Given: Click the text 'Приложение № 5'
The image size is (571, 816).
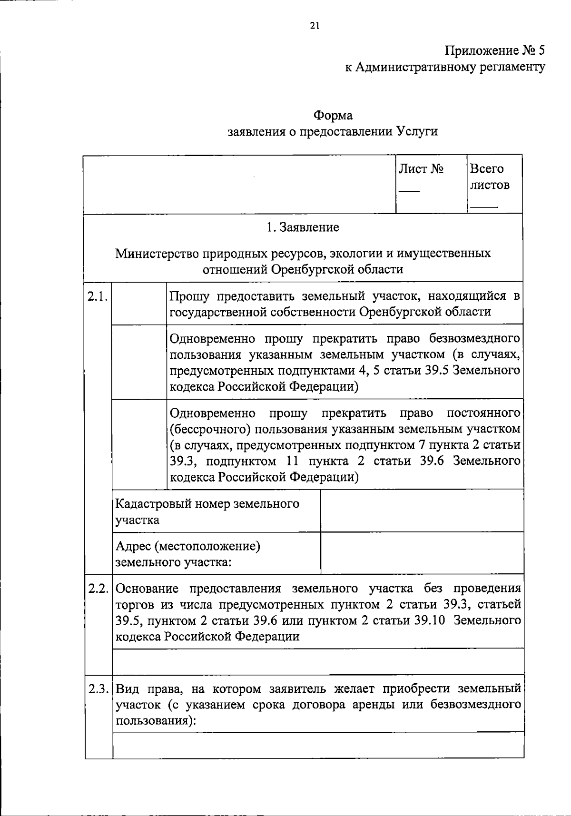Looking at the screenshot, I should (494, 50).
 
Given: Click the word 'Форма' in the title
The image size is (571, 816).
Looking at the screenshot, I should (333, 116).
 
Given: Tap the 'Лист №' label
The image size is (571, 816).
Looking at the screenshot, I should (421, 169).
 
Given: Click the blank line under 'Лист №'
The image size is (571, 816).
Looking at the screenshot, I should (409, 191).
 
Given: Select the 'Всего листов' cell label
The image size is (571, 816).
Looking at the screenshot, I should (490, 177).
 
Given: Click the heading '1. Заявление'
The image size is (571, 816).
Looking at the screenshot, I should (303, 227).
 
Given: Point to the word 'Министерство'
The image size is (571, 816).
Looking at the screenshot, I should (157, 253).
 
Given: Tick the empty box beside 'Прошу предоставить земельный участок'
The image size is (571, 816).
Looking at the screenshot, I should (139, 304).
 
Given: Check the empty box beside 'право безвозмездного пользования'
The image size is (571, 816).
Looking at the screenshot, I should (139, 362).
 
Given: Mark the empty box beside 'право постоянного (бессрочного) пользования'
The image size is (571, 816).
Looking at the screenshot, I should (139, 444).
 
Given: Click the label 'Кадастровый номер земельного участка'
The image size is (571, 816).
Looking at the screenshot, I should (207, 511).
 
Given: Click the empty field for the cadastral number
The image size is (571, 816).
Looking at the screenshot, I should (422, 511).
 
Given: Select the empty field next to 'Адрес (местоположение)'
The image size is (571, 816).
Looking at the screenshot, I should (422, 553).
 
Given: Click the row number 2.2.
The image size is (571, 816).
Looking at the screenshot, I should (98, 589).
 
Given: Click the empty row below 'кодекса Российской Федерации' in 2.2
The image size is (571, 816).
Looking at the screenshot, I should (318, 661).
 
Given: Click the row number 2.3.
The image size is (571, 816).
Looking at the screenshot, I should (98, 688).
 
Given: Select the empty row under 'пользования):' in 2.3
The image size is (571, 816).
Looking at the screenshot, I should (318, 745).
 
